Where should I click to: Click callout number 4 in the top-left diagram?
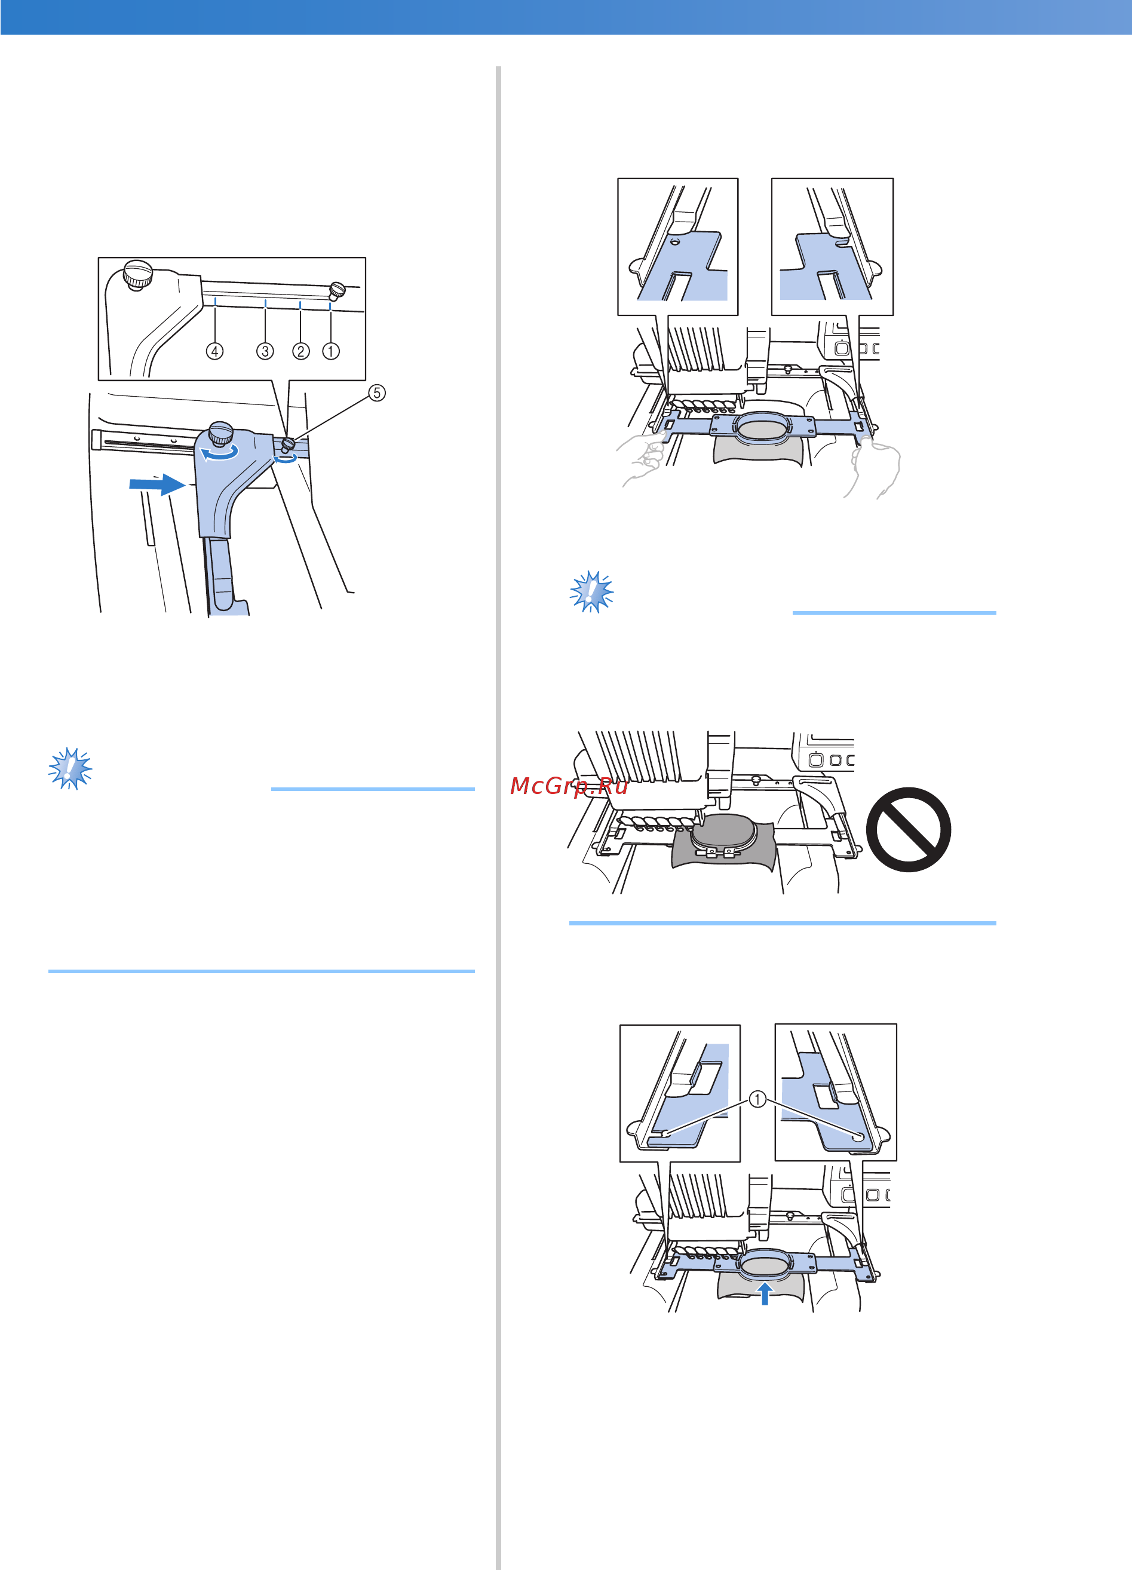[x=214, y=352]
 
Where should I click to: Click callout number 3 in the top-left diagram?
[x=265, y=352]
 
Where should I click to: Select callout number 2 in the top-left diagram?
[x=300, y=352]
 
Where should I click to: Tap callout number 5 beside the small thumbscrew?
[x=377, y=393]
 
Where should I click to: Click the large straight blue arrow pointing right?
[x=157, y=485]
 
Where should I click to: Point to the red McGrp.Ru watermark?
[x=569, y=786]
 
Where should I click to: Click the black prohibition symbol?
[x=909, y=829]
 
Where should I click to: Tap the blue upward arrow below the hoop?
[x=765, y=1293]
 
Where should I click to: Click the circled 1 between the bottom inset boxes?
[x=757, y=1099]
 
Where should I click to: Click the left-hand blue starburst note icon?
[x=70, y=768]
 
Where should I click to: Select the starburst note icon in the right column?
[x=591, y=592]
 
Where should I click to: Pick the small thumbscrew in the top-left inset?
[x=337, y=289]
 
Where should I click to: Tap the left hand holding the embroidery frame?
[x=640, y=459]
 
